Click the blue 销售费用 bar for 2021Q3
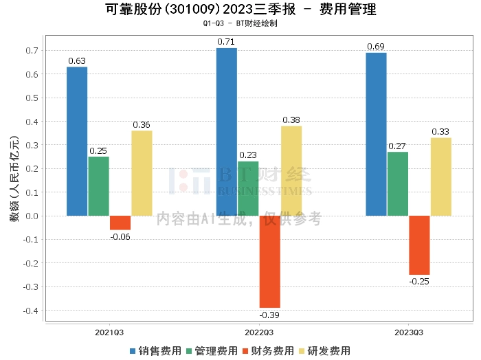[x=77, y=141]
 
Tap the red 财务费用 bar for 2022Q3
[x=269, y=261]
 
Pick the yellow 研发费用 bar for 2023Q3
[x=441, y=177]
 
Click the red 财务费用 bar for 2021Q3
[x=120, y=223]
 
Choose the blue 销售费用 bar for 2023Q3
[x=376, y=134]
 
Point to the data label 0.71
[x=226, y=42]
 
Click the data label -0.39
[x=269, y=315]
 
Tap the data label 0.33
[x=441, y=132]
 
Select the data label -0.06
[x=120, y=236]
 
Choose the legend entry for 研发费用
[x=324, y=350]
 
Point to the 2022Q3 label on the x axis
[x=259, y=333]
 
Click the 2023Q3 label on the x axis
[x=409, y=333]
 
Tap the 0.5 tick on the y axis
[x=31, y=98]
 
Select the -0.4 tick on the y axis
[x=30, y=311]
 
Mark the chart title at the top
[x=240, y=10]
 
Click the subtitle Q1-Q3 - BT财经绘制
[x=240, y=23]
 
